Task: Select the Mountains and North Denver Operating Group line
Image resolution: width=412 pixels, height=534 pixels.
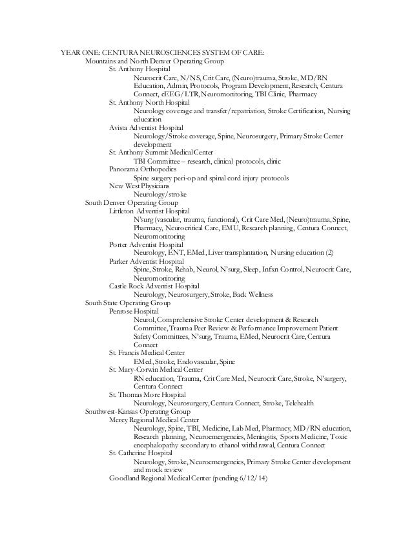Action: [154, 61]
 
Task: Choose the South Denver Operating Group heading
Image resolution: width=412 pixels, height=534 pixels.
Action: [132, 202]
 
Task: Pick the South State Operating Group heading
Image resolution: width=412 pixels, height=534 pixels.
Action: [128, 303]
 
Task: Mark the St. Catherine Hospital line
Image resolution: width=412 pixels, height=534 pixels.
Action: [141, 454]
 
